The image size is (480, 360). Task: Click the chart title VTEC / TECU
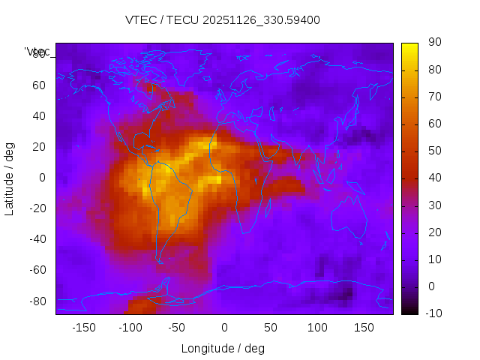tap(223, 20)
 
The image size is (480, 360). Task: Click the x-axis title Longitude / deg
tap(223, 348)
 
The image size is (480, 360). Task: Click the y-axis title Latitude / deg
tap(10, 178)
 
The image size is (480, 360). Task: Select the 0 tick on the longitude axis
tap(223, 328)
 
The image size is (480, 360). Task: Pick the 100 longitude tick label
tap(317, 328)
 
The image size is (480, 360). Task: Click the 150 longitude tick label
tap(364, 328)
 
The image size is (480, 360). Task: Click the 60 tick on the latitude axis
tap(38, 85)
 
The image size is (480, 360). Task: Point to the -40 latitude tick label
tap(36, 239)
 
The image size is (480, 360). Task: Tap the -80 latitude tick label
tap(36, 301)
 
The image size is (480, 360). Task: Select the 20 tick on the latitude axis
tap(38, 147)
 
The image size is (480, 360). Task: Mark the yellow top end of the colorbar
tap(409, 46)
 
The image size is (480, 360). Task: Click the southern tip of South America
tap(160, 261)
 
